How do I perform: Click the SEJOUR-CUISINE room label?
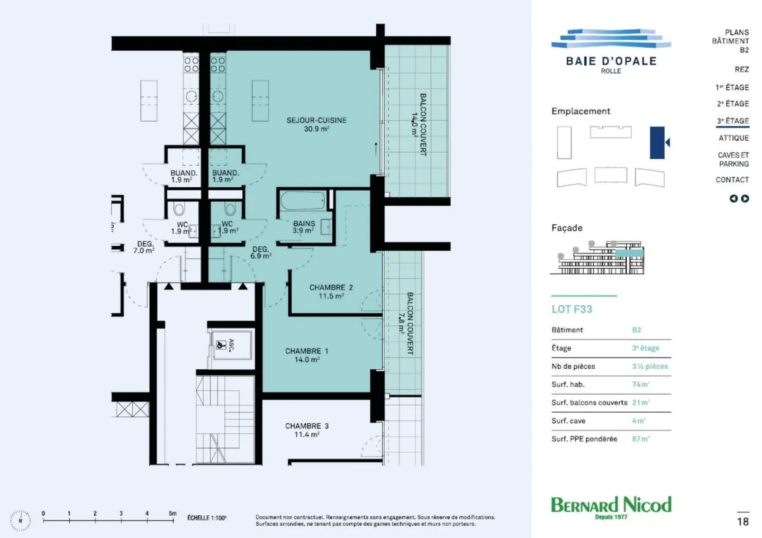pos(316,124)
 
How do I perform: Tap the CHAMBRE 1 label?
pos(306,355)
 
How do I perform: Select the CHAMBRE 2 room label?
pos(331,291)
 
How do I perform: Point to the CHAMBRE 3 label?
pos(306,430)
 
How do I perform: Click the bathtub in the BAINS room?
pos(303,201)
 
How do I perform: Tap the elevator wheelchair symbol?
pos(221,345)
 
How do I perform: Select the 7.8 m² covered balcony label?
pos(406,323)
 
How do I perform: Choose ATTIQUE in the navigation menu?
pos(733,138)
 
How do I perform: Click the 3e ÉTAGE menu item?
pos(733,121)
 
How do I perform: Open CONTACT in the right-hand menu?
pos(732,180)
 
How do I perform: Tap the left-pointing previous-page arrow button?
pos(733,199)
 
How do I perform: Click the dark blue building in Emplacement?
pos(657,142)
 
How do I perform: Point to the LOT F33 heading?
pos(571,309)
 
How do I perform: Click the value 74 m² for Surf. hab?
pos(640,385)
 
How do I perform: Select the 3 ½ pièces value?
pos(650,366)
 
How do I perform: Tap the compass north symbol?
pos(20,521)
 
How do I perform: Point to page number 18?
pos(743,522)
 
